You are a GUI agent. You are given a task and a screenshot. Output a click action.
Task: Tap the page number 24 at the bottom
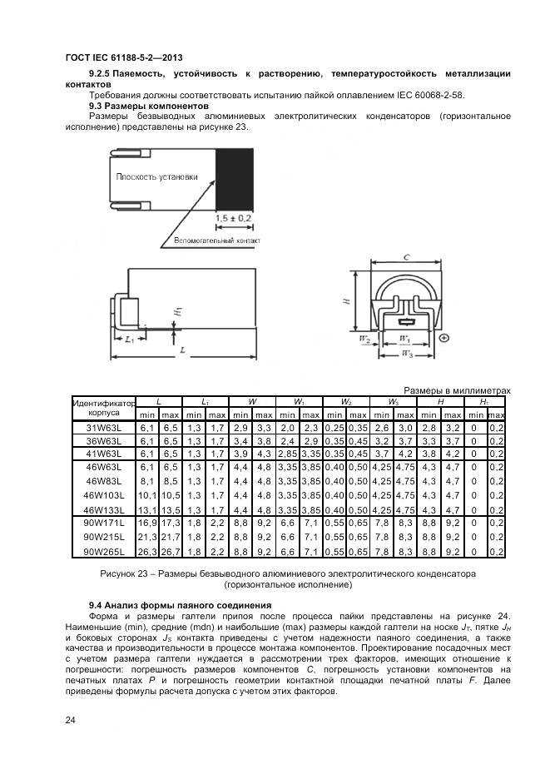[x=70, y=721]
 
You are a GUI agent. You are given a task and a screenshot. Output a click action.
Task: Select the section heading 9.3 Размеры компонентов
[x=148, y=107]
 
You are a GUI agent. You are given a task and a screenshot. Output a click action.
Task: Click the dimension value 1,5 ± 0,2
[x=234, y=217]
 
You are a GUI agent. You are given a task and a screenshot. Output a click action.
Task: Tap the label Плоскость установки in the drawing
[x=157, y=176]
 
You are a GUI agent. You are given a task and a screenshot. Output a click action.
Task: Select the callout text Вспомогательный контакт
[x=217, y=241]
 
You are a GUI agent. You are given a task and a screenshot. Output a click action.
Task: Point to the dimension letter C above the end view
[x=405, y=258]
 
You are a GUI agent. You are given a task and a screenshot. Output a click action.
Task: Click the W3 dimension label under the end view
[x=406, y=355]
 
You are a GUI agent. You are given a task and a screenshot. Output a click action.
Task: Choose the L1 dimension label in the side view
[x=129, y=340]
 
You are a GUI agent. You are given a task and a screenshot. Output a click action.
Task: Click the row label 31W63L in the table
[x=105, y=429]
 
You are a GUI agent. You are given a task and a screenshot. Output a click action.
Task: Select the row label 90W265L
[x=105, y=551]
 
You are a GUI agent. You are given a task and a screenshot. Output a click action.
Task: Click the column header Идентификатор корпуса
[x=104, y=407]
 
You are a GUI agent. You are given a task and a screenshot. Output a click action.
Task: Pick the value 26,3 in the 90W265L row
[x=147, y=551]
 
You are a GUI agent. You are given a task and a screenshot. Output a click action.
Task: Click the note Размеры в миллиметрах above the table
[x=456, y=390]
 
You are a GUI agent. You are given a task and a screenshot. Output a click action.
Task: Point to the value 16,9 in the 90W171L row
[x=147, y=523]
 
